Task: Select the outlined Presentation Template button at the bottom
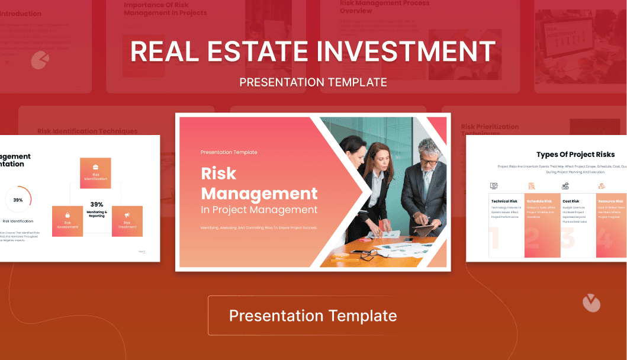313,316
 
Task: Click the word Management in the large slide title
259,193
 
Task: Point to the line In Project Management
259,210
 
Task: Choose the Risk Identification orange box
95,172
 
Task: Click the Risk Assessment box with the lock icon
67,221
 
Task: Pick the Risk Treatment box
127,221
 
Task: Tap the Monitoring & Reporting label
97,214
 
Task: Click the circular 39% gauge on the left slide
18,200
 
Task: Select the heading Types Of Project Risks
575,155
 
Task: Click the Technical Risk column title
504,201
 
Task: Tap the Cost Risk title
571,201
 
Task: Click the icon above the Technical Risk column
494,186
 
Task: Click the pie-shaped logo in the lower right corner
591,303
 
